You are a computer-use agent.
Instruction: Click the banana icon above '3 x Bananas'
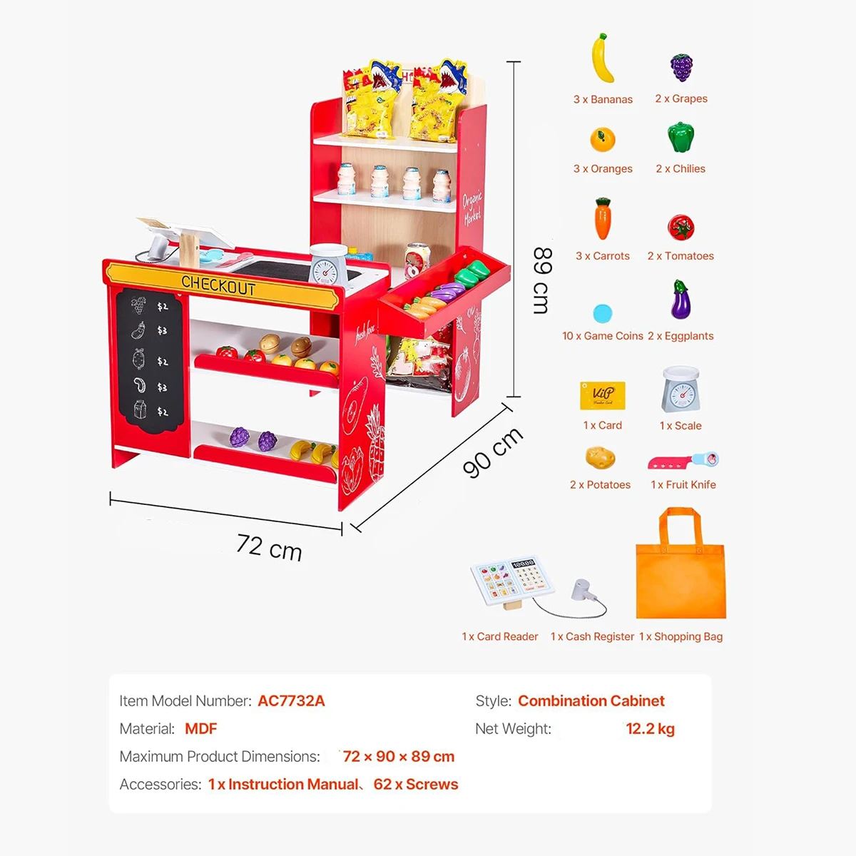602,58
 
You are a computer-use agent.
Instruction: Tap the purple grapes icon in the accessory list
681,68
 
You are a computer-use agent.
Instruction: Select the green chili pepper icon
681,137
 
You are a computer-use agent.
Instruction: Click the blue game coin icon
602,314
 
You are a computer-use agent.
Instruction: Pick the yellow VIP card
602,395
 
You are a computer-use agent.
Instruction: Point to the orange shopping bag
681,563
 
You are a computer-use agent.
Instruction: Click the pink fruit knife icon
683,461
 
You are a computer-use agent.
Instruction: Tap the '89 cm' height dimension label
542,281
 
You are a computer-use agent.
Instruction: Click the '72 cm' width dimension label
269,548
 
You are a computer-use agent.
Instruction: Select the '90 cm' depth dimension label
493,453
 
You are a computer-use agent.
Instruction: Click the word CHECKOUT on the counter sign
218,285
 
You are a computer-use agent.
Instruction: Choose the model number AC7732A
292,701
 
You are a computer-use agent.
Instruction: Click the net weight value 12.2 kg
651,729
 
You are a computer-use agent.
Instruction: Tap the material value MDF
200,729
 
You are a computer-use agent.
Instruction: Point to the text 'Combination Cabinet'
591,701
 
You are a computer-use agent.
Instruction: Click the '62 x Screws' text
416,785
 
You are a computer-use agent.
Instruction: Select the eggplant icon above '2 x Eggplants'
681,300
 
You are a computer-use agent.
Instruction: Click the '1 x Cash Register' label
592,636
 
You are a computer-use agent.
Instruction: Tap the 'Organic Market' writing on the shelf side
472,209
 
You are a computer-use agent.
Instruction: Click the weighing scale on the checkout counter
328,265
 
